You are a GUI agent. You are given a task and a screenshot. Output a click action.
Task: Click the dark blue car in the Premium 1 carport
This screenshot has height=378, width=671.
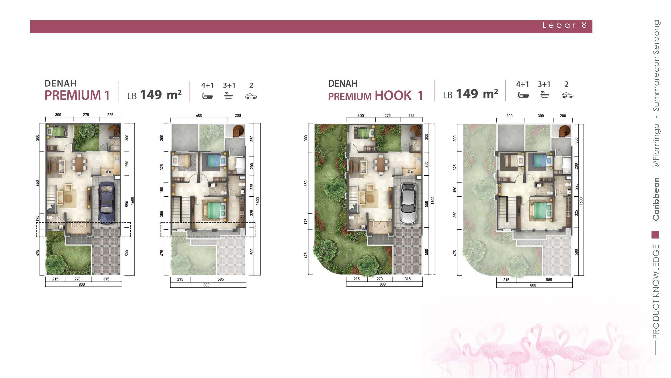[106, 203]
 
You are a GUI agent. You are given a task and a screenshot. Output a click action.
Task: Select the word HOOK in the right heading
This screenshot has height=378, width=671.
[393, 96]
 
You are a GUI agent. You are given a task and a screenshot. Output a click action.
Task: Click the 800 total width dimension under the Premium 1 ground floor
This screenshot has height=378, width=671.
[82, 284]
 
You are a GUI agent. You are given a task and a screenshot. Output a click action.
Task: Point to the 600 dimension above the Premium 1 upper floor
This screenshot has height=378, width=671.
[199, 115]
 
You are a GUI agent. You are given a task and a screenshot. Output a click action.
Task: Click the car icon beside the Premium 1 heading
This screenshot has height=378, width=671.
[251, 96]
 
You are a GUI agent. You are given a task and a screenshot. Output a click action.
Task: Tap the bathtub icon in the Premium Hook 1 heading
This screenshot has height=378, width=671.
[544, 95]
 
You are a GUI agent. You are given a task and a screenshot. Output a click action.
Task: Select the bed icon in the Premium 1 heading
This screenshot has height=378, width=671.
[208, 96]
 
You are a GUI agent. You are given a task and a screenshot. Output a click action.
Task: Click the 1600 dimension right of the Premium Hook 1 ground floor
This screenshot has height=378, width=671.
[433, 200]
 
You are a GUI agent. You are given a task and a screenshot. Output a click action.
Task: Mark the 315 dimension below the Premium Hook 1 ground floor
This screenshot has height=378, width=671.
[407, 279]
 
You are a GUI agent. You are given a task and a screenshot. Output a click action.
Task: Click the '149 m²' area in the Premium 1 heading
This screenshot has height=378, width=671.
[161, 95]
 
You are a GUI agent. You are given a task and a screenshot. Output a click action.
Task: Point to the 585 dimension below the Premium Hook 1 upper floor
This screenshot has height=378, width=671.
[549, 280]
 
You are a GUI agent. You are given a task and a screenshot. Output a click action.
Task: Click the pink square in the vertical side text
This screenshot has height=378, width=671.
[656, 235]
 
